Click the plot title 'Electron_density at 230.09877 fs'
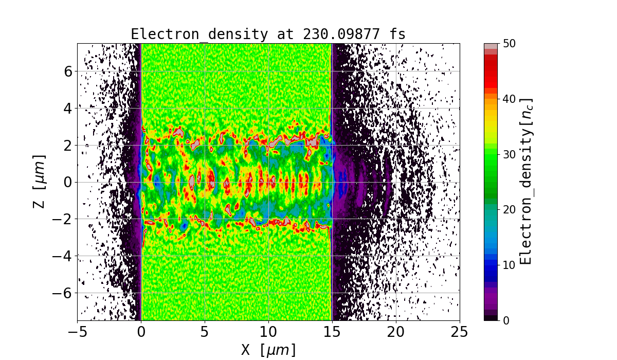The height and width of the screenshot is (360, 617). pos(268,34)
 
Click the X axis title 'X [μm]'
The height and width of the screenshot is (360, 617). pos(268,350)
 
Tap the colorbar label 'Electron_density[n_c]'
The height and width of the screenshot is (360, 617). pos(525,182)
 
